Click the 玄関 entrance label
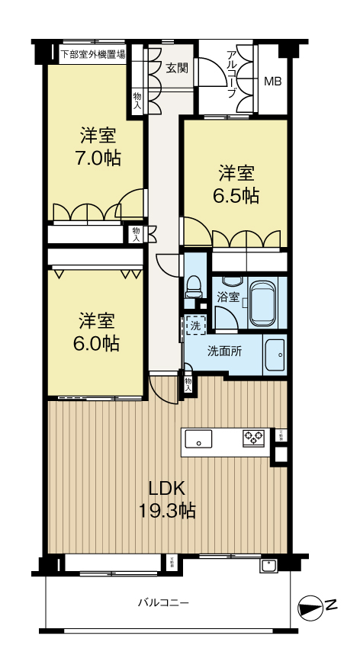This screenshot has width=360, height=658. click(x=177, y=67)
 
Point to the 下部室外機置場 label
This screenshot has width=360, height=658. click(x=94, y=54)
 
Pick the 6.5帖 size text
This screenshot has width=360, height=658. click(x=236, y=195)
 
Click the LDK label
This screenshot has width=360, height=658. click(x=166, y=489)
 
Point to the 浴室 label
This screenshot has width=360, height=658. click(x=227, y=297)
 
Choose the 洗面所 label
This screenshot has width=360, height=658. click(x=225, y=351)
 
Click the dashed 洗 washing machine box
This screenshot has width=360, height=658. click(x=196, y=326)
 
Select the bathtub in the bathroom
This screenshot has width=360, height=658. click(x=265, y=303)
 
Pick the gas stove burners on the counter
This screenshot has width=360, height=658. click(x=253, y=438)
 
